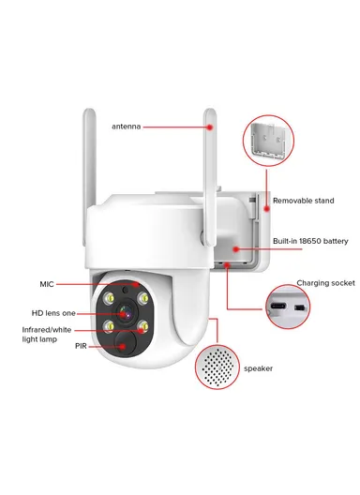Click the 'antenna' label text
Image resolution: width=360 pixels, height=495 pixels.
(126, 126)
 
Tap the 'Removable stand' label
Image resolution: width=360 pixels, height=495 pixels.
(302, 201)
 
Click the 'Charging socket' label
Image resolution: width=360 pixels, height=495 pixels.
(325, 282)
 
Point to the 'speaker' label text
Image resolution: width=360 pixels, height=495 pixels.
(258, 369)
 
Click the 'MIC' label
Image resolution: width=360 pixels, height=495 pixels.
(47, 283)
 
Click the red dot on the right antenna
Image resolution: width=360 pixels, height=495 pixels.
(211, 125)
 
